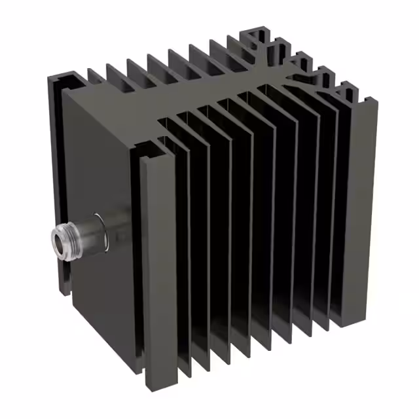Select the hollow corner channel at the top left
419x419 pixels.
tap(65, 82)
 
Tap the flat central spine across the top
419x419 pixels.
tap(196, 98)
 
